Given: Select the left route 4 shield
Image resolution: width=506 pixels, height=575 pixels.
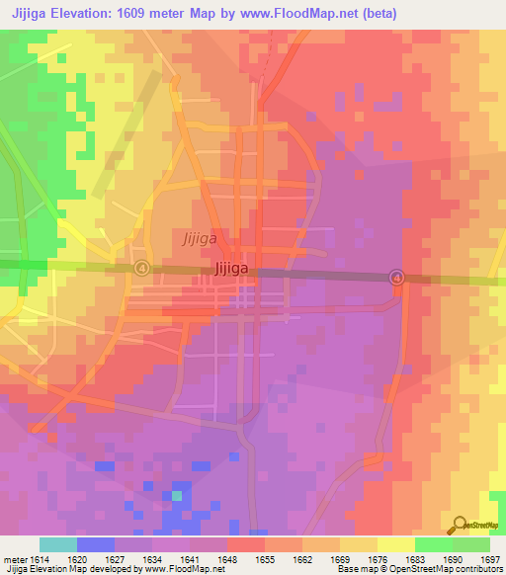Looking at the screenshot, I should point(142,268).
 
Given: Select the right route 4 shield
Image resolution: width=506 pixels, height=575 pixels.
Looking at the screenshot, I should point(397,278).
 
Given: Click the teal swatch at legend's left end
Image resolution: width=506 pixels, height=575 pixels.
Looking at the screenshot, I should point(58,544).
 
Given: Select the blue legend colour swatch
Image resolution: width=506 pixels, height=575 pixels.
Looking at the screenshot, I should point(96,544).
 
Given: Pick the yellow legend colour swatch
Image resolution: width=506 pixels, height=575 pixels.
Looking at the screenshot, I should point(395,544).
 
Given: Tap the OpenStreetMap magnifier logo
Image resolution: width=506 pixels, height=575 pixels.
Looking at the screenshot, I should point(459,524).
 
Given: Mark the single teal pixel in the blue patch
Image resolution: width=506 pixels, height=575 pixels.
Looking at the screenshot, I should point(177,495).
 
